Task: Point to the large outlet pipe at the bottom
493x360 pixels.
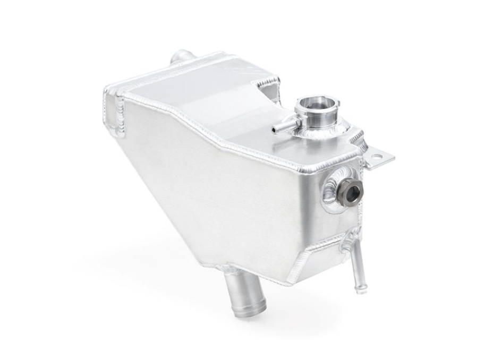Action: (236, 297)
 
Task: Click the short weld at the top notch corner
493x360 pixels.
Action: (268, 82)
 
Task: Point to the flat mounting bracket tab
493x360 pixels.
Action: (379, 157)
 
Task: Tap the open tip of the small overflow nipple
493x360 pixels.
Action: (274, 129)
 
